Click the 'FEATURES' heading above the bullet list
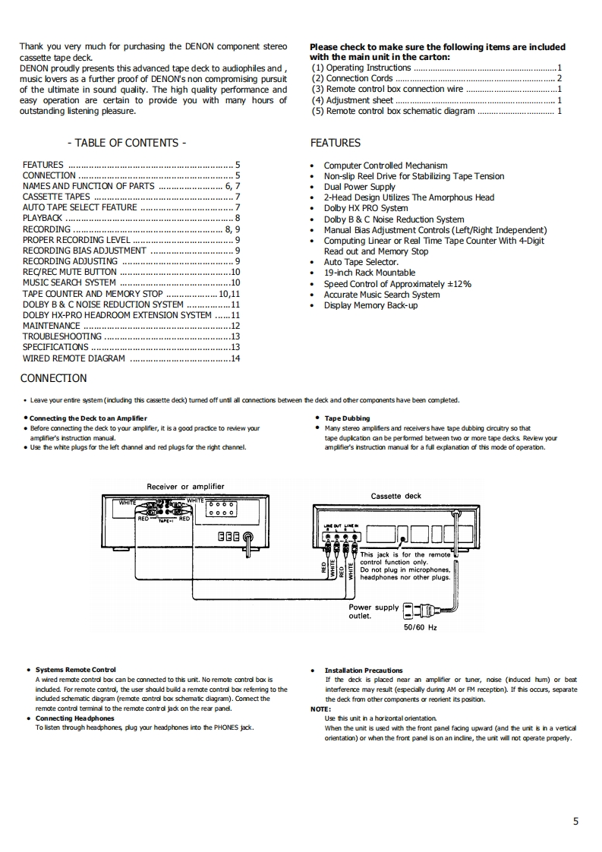(x=336, y=143)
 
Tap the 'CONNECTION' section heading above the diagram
(x=53, y=378)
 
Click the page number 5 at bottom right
(x=576, y=821)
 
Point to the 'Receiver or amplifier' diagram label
(x=185, y=487)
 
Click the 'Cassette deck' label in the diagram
(x=396, y=496)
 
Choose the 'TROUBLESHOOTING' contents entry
(x=61, y=336)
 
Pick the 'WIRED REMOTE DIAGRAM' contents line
(x=74, y=358)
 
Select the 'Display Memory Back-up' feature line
(x=370, y=305)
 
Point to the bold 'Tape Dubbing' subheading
(x=347, y=418)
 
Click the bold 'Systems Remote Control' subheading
(x=76, y=670)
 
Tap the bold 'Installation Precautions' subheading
(x=364, y=670)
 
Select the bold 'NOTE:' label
(x=320, y=708)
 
